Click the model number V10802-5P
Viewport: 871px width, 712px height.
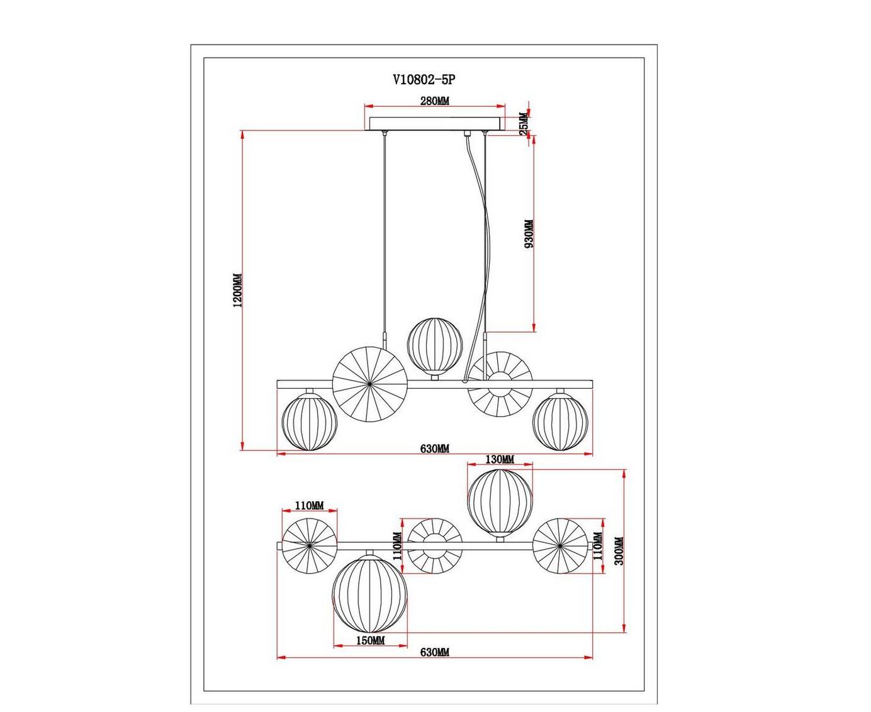[x=423, y=80]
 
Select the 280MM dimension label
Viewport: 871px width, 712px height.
[x=434, y=101]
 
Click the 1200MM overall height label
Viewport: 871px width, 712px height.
[x=237, y=291]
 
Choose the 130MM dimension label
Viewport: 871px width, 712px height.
[x=500, y=460]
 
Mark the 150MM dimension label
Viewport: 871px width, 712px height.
[x=371, y=641]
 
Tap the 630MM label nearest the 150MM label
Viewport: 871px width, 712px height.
[x=434, y=653]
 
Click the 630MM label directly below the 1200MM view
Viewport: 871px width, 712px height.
[x=434, y=449]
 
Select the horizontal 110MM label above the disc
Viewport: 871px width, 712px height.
[x=308, y=506]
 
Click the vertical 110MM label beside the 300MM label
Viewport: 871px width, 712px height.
[x=597, y=546]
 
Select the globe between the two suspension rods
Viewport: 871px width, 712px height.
[x=434, y=347]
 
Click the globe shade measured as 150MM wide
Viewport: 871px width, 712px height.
[x=371, y=594]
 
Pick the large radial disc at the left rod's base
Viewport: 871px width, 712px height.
[x=369, y=384]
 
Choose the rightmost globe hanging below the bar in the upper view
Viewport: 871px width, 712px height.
[x=559, y=421]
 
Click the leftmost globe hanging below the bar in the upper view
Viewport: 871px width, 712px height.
[x=311, y=421]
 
